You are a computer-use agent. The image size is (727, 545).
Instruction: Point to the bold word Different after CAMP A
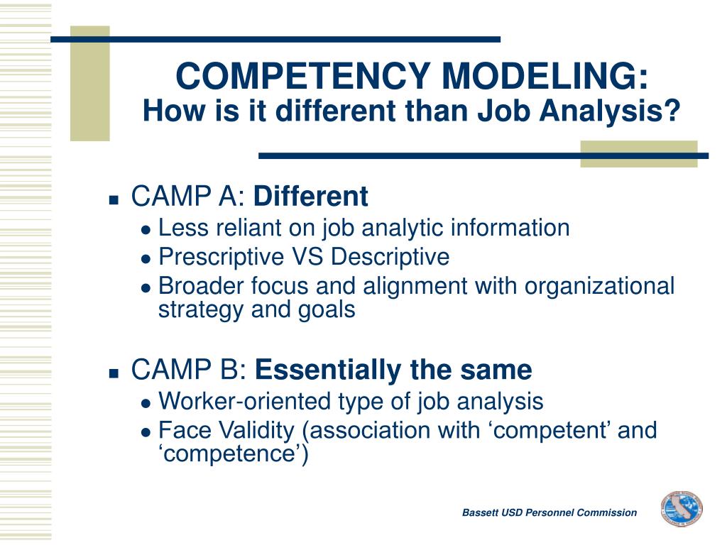click(311, 197)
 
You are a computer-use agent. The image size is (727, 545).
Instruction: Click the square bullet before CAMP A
click(114, 199)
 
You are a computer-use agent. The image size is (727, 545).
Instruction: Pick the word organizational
click(600, 286)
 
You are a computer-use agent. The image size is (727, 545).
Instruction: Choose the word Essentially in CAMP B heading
click(327, 370)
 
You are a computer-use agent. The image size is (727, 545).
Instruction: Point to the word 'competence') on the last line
click(233, 454)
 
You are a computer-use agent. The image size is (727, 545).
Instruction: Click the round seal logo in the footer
click(681, 509)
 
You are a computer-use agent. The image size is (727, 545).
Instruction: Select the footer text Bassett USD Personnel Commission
click(550, 512)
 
